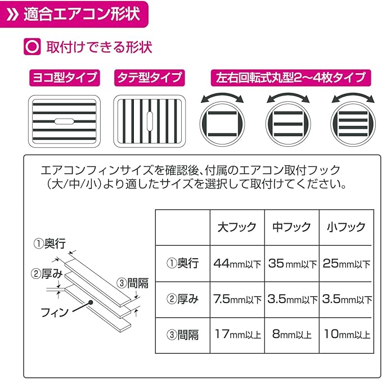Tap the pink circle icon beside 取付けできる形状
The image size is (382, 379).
tap(32, 46)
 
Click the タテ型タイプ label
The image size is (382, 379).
tap(149, 77)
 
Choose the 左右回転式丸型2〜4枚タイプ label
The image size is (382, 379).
tap(287, 77)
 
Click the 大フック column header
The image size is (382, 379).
tap(237, 227)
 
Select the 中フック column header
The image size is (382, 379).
tap(291, 227)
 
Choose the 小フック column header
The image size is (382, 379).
tap(346, 227)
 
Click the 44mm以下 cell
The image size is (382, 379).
tap(237, 263)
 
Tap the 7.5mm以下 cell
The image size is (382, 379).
tap(237, 299)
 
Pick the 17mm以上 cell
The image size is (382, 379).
tap(237, 335)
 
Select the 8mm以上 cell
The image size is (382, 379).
tap(291, 335)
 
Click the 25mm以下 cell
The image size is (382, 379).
tap(346, 263)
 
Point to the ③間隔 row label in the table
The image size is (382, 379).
tap(182, 335)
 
